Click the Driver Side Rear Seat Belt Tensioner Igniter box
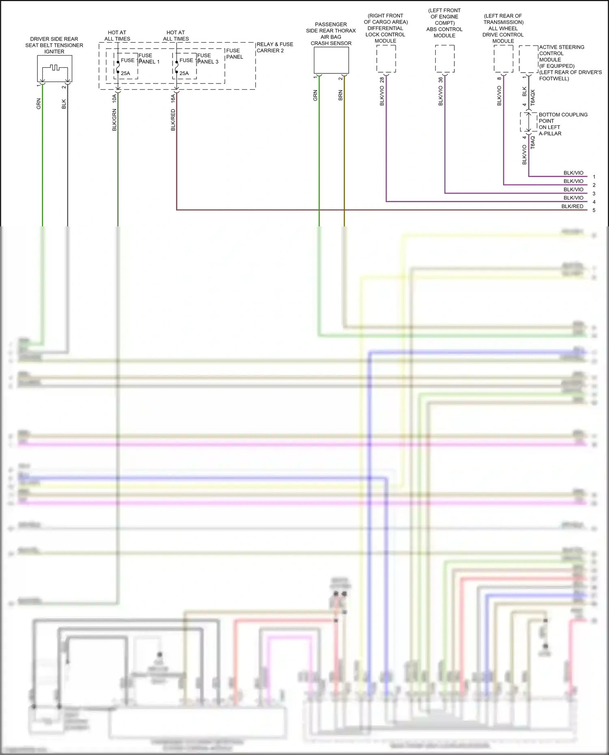pyautogui.click(x=54, y=68)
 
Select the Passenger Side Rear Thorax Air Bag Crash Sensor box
pyautogui.click(x=331, y=60)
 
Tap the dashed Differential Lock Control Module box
pyautogui.click(x=386, y=59)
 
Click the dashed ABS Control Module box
pyautogui.click(x=445, y=59)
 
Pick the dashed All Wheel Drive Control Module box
pyautogui.click(x=503, y=59)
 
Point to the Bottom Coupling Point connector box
pyautogui.click(x=528, y=122)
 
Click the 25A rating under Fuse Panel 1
pyautogui.click(x=125, y=73)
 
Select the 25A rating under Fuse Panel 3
pyautogui.click(x=184, y=73)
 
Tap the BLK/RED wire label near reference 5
pyautogui.click(x=572, y=206)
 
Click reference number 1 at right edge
pyautogui.click(x=594, y=177)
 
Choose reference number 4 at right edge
pyautogui.click(x=594, y=202)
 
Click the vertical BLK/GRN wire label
pyautogui.click(x=114, y=120)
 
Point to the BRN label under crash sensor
pyautogui.click(x=340, y=96)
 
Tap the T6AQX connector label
pyautogui.click(x=533, y=98)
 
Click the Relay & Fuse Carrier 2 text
pyautogui.click(x=275, y=47)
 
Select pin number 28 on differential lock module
pyautogui.click(x=382, y=80)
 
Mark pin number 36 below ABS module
pyautogui.click(x=441, y=80)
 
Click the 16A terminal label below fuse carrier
pyautogui.click(x=173, y=98)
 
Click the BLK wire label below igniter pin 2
pyautogui.click(x=64, y=104)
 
